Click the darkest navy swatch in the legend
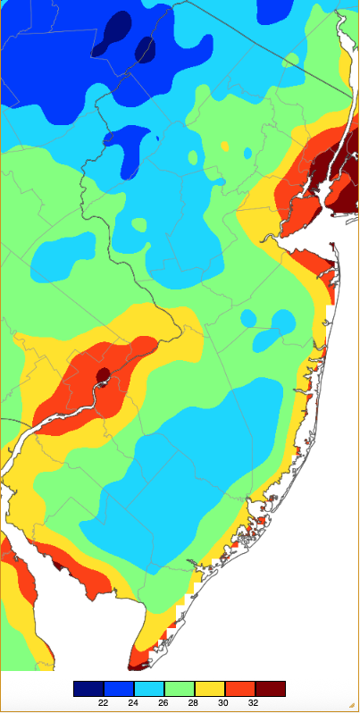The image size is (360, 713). (88, 688)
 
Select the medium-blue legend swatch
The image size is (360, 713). (119, 688)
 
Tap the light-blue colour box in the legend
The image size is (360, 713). (149, 688)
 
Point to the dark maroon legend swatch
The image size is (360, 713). (271, 688)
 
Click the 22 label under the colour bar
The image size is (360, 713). (104, 703)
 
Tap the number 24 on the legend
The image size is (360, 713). (134, 703)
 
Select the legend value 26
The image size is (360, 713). (164, 703)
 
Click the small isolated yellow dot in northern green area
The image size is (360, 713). (224, 146)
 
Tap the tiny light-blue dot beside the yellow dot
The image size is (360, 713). (247, 153)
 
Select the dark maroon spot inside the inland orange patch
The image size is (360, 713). (102, 374)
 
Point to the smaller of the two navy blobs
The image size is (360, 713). (144, 50)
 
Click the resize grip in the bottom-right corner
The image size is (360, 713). (354, 707)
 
